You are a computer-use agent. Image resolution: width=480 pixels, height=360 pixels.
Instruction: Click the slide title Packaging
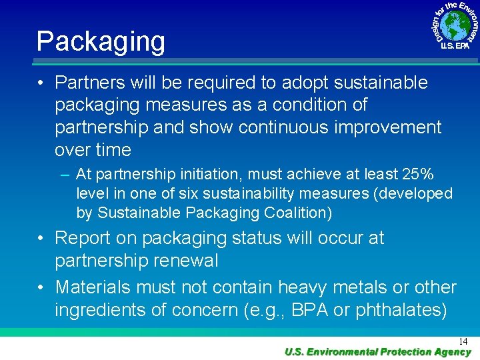[x=101, y=41]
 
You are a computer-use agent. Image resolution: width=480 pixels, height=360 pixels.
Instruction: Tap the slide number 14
[x=463, y=341]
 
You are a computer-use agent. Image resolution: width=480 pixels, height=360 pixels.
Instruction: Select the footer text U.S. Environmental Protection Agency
[x=377, y=352]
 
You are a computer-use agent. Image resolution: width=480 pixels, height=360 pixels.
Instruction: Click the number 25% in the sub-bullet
[x=418, y=175]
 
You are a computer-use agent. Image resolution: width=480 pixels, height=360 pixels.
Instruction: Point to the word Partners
[x=91, y=83]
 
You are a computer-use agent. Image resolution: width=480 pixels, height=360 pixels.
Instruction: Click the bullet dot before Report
[x=41, y=239]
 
